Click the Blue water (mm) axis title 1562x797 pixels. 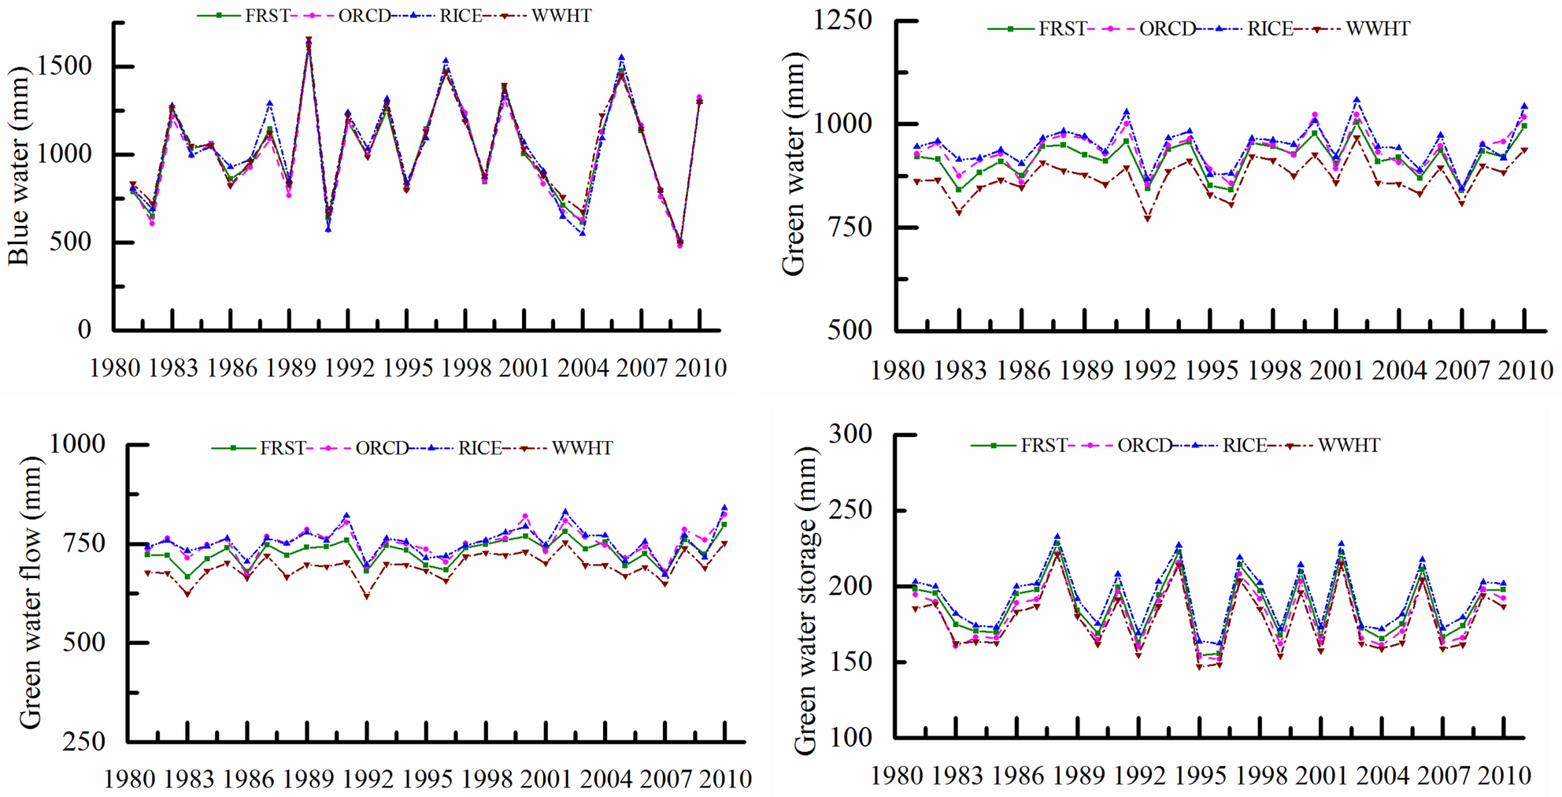click(19, 165)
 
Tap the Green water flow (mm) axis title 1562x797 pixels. click(30, 592)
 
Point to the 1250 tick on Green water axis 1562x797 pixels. click(842, 20)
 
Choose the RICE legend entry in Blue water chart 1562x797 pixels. click(460, 16)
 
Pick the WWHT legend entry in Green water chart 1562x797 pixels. click(1377, 29)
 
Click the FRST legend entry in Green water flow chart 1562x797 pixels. click(282, 448)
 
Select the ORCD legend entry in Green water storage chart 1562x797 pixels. click(1144, 446)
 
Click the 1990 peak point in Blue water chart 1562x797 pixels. click(309, 39)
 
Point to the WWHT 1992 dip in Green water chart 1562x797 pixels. click(1147, 219)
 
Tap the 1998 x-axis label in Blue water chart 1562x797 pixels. click(466, 368)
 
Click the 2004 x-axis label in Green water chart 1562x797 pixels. click(1399, 370)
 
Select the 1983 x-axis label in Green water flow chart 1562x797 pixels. click(189, 780)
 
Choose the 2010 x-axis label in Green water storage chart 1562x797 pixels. click(1504, 776)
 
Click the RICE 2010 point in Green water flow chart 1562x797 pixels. click(724, 508)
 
